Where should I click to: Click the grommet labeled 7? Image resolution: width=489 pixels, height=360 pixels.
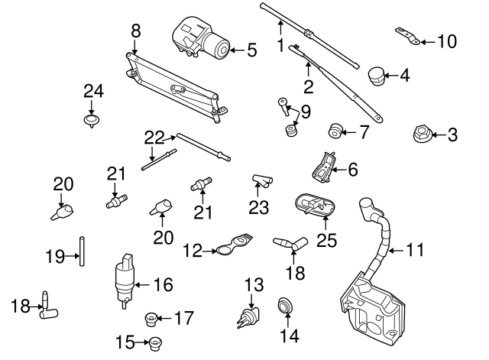(335, 131)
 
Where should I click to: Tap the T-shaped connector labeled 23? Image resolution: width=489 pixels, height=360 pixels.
(261, 181)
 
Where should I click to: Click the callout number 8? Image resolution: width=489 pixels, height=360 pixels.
(135, 31)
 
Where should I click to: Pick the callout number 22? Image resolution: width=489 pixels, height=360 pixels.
(154, 138)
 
